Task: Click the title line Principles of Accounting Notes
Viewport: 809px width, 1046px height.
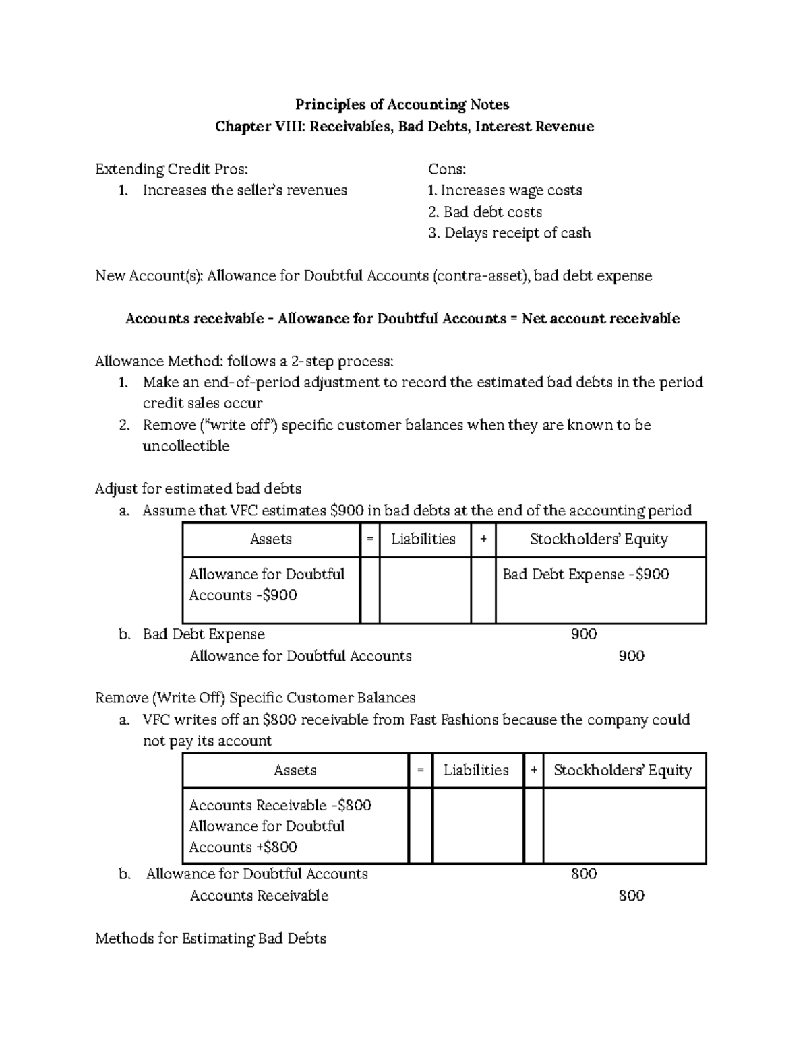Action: (402, 104)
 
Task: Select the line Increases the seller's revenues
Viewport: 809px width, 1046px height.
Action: (244, 191)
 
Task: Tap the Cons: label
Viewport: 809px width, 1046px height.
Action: (447, 169)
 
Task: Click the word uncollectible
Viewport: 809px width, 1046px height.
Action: (185, 446)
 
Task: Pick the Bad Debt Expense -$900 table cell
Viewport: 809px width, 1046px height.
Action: (585, 575)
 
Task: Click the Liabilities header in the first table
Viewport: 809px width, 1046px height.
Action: (423, 540)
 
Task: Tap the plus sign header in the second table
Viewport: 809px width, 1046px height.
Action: (533, 771)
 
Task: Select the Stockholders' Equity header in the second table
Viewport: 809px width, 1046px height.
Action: (622, 771)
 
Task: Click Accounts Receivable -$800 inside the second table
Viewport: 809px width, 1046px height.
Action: (280, 806)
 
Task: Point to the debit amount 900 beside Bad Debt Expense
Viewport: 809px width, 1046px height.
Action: (583, 634)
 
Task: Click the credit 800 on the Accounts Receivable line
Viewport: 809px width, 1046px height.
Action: (631, 896)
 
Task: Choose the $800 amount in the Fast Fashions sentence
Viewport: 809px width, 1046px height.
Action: (279, 720)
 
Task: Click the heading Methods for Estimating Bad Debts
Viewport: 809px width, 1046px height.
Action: (210, 938)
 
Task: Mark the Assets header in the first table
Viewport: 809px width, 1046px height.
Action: (270, 540)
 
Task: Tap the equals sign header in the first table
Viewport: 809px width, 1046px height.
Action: (369, 540)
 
